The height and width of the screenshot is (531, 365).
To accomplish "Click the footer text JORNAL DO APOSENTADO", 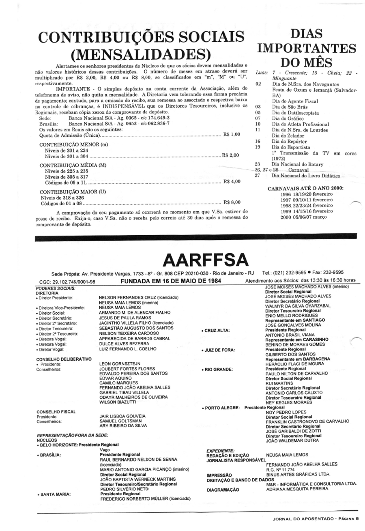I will (301, 518).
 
